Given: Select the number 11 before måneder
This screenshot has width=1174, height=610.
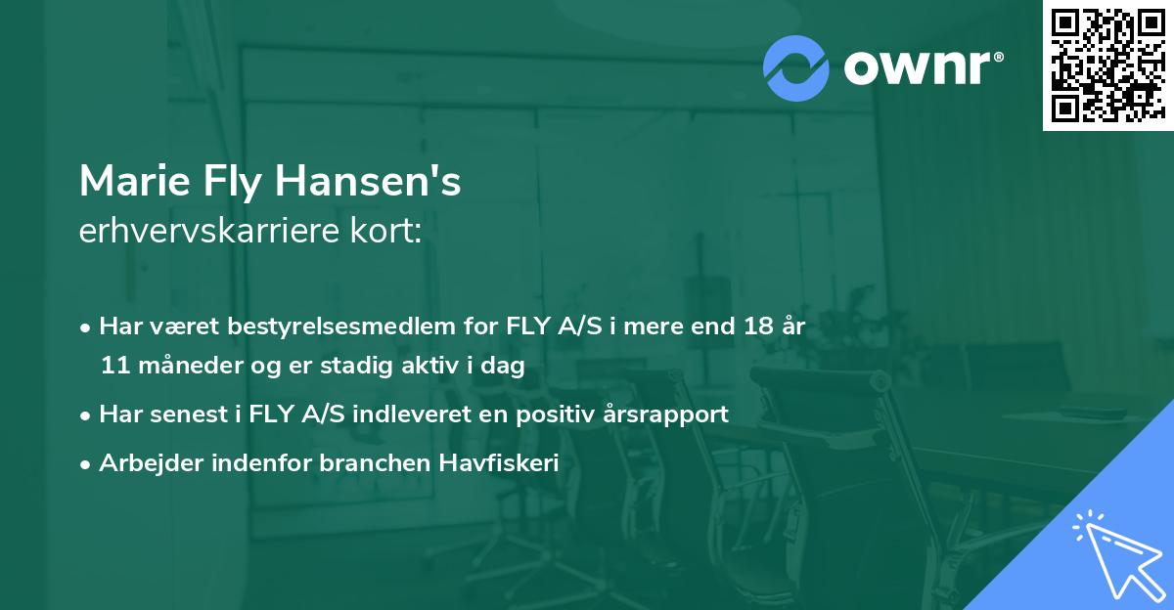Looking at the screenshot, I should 113,367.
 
